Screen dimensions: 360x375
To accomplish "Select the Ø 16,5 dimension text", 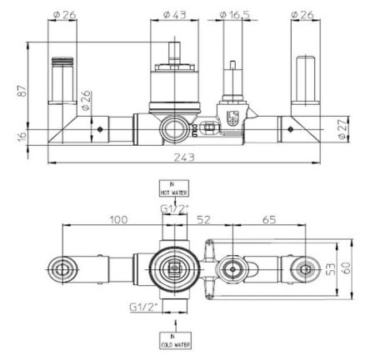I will [x=234, y=15].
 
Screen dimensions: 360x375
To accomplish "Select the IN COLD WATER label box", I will [x=173, y=339].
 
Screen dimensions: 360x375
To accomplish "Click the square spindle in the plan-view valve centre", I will [x=174, y=268].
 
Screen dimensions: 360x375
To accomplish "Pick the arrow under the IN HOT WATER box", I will [x=173, y=202].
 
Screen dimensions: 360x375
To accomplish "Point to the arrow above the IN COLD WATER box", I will [x=173, y=324].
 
